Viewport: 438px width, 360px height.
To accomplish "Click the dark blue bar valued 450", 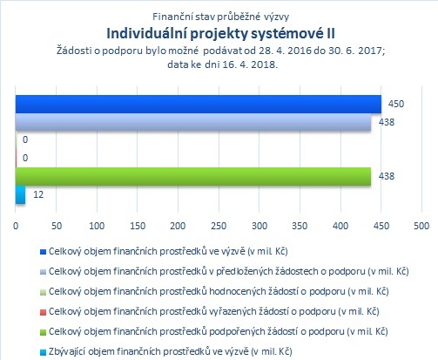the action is (x=199, y=104).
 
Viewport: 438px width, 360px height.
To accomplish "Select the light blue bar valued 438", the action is (x=193, y=122).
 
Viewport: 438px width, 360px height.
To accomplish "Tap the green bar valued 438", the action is (x=193, y=176).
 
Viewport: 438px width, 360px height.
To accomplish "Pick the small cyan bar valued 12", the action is (x=20, y=194).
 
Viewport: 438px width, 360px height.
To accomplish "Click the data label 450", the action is (x=396, y=104).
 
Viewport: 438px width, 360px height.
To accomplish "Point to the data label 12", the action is (x=38, y=194).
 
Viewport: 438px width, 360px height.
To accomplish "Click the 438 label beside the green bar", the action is (x=387, y=176).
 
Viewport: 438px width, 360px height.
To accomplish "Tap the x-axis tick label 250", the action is (x=219, y=226).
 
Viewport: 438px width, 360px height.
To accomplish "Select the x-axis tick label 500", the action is (x=421, y=226).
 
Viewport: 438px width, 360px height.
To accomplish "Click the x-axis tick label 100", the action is (x=97, y=226).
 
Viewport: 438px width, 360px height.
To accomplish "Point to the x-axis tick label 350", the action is (x=300, y=226).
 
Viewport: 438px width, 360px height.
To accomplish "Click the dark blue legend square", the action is (x=43, y=252).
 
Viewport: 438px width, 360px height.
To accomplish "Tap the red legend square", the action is (x=43, y=312).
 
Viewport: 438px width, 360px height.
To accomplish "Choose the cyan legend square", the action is (x=43, y=352).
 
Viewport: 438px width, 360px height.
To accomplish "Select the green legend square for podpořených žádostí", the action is (x=43, y=332).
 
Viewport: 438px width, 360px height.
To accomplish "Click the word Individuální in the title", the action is (x=147, y=33).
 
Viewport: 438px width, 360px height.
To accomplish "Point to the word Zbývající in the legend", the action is (x=67, y=352).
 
